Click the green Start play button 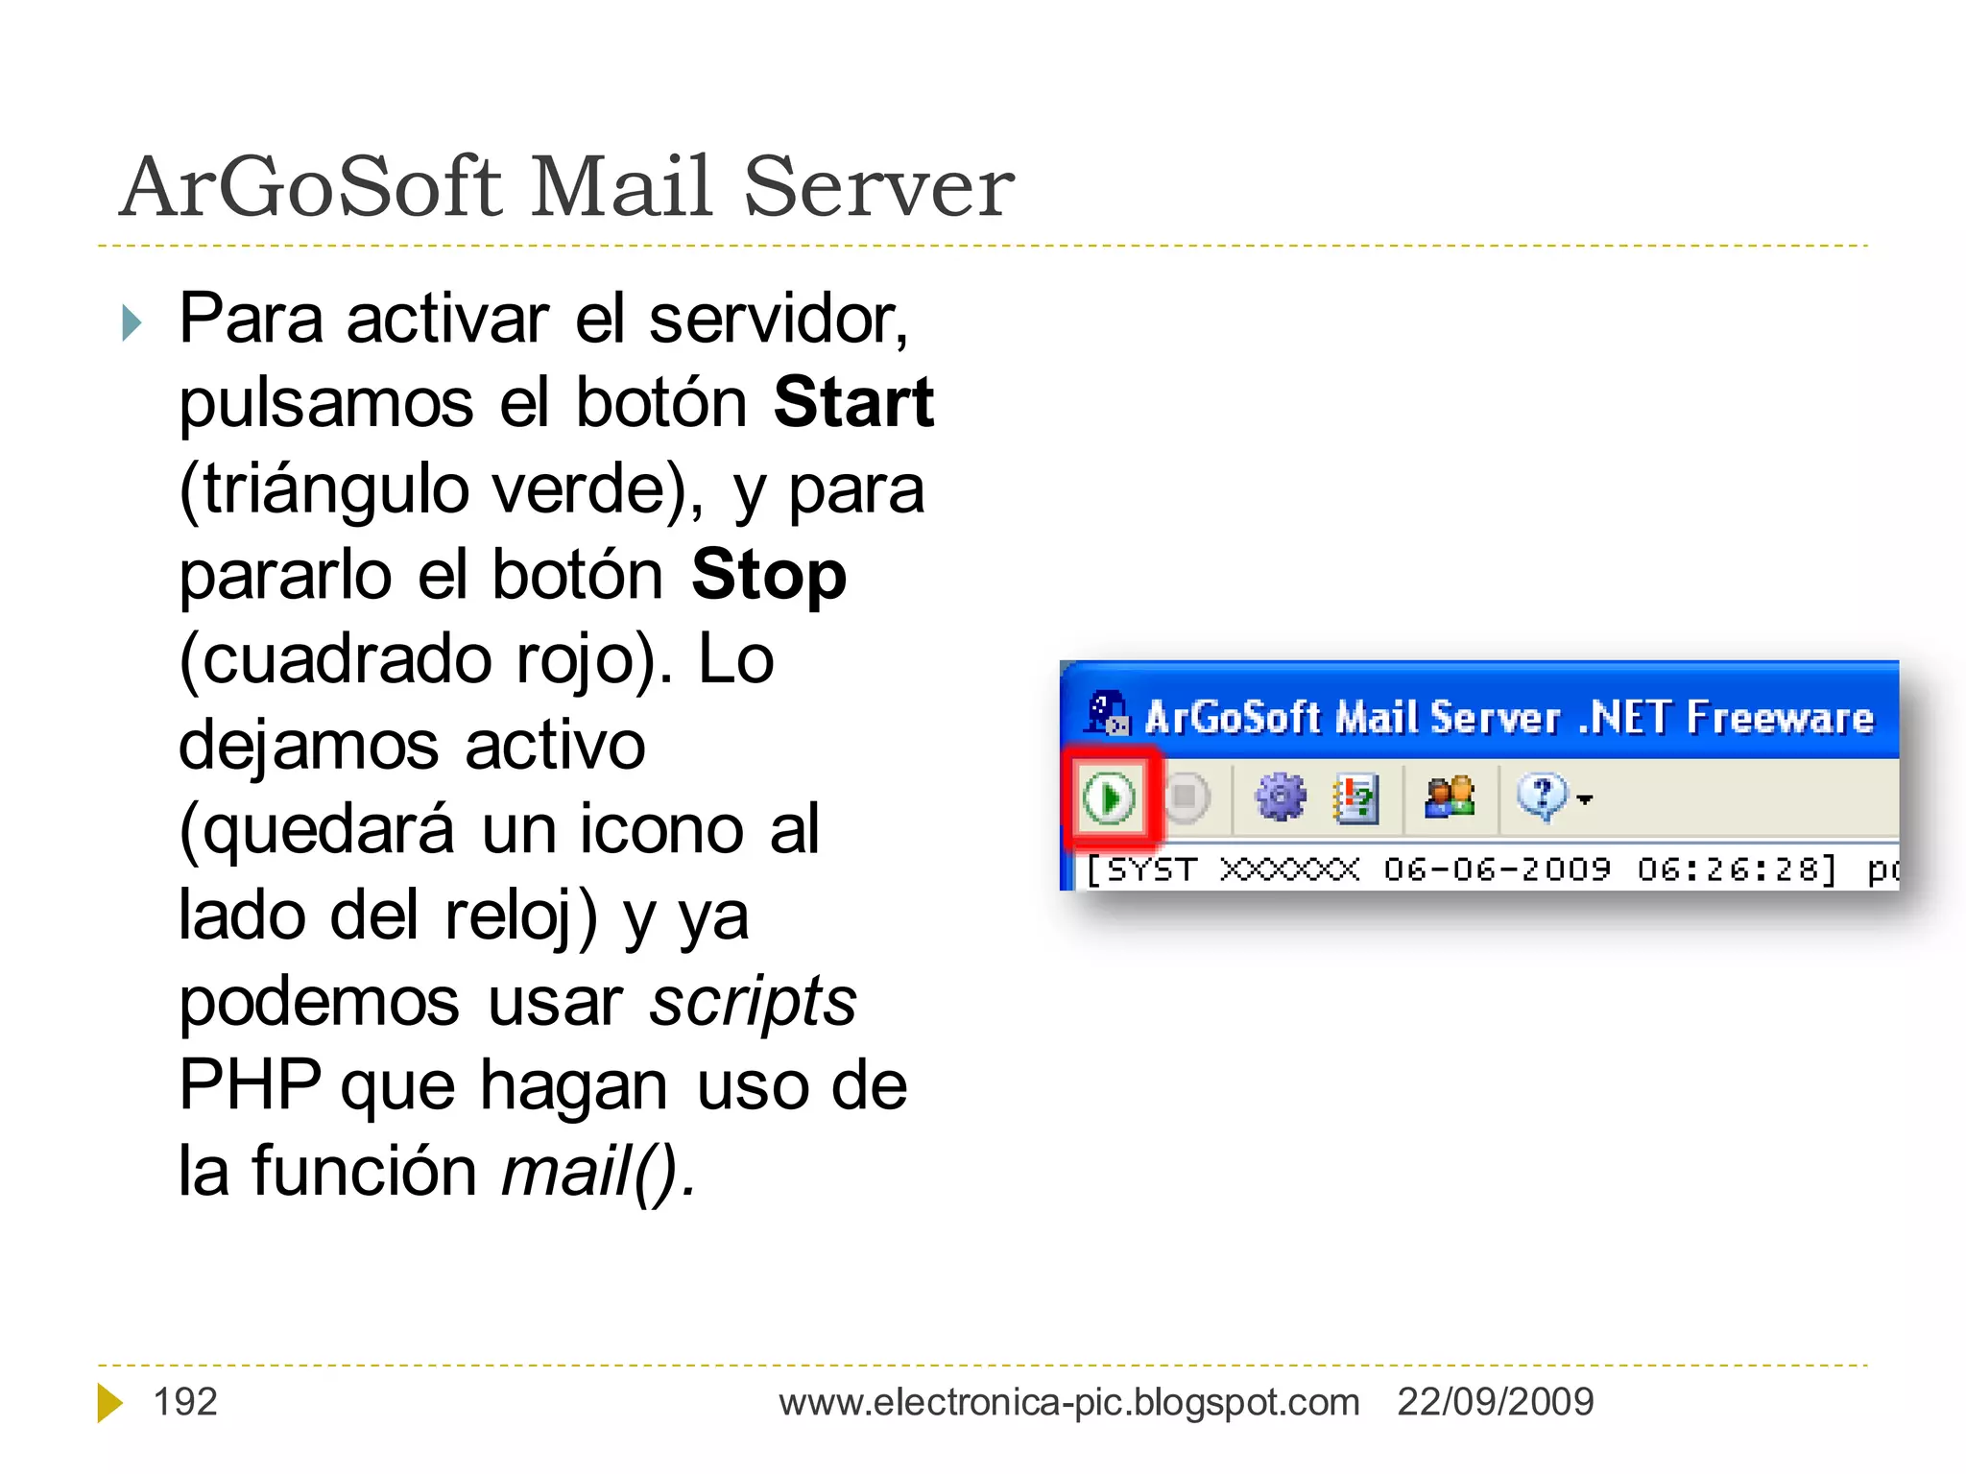(1109, 797)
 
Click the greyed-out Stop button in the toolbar (1187, 796)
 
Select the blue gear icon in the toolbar (1281, 796)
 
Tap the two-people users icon (1450, 796)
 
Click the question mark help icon (1542, 796)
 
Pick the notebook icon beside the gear (1355, 797)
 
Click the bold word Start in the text (853, 402)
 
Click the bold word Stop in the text (768, 575)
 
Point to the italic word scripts (753, 1001)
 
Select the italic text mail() (597, 1172)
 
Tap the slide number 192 (185, 1402)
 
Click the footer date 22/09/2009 (1495, 1402)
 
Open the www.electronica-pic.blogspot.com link (1068, 1402)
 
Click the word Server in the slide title (878, 186)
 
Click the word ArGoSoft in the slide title (312, 186)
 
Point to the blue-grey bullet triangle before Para (132, 322)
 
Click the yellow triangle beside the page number (109, 1402)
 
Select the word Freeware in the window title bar (1779, 718)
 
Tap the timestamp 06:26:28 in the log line (1736, 869)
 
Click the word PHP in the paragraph (250, 1085)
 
